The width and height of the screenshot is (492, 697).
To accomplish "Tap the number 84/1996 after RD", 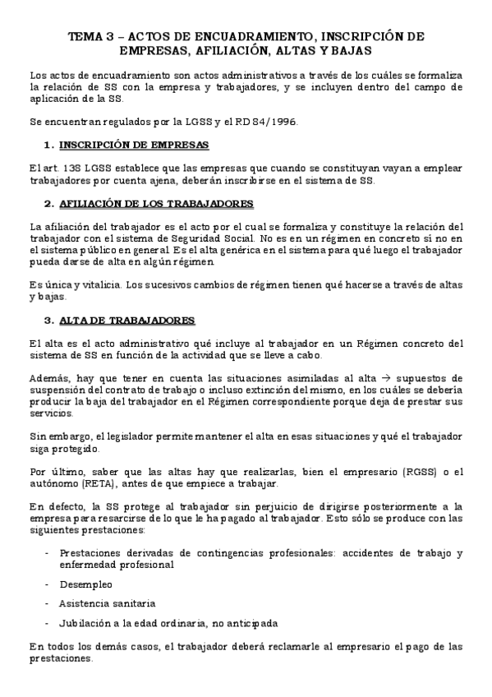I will [278, 122].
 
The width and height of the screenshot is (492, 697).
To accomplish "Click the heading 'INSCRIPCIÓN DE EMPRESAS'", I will [137, 145].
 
